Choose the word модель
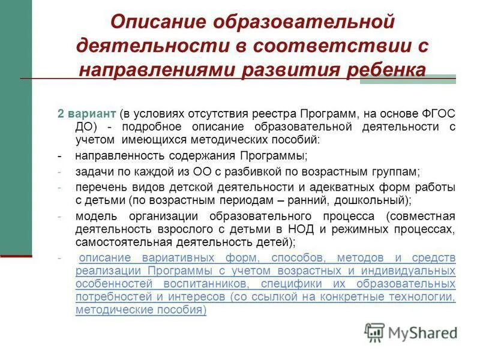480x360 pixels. coord(92,216)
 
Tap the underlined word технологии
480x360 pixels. coord(420,297)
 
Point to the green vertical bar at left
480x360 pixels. coord(16,120)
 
